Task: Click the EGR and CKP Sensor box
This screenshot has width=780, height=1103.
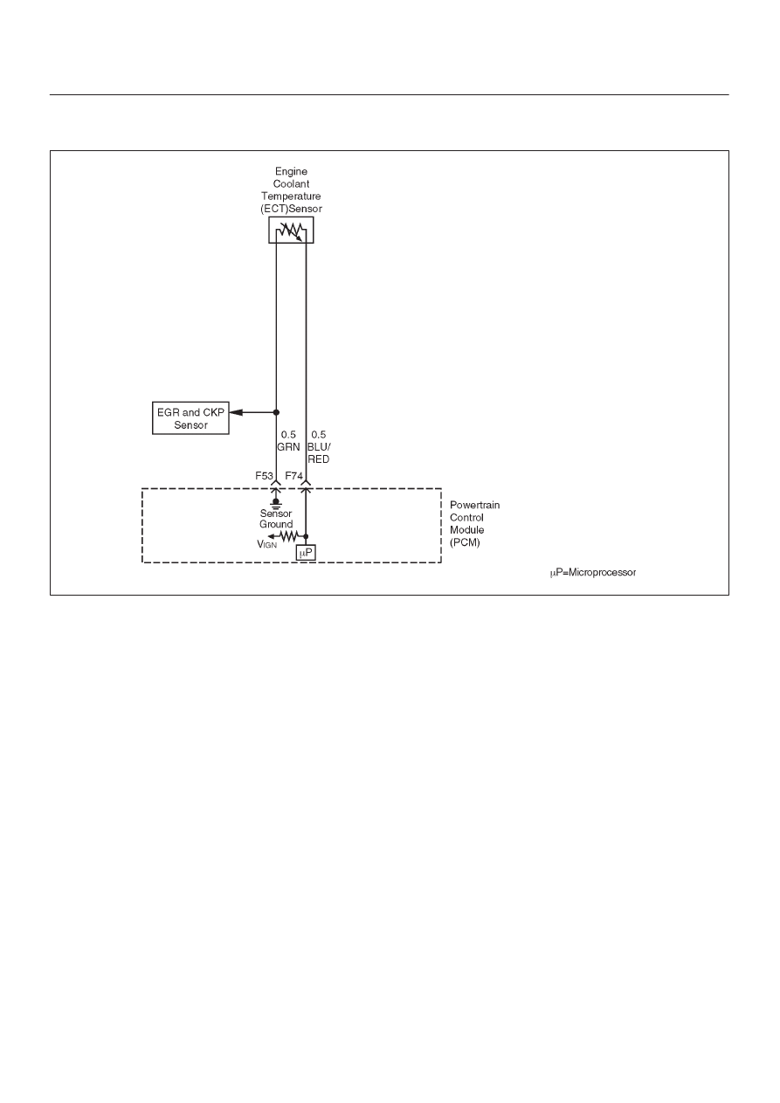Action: [190, 418]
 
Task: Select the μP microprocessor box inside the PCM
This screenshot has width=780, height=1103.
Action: [306, 553]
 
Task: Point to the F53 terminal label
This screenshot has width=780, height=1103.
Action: [264, 476]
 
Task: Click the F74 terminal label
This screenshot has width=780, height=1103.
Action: [294, 476]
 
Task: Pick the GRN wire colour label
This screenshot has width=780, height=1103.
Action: [288, 447]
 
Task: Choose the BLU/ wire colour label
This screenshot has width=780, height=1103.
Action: [319, 447]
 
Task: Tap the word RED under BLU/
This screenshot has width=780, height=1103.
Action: [319, 459]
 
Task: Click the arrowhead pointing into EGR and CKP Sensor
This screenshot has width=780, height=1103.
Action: [236, 412]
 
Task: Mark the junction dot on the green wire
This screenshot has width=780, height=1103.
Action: [276, 412]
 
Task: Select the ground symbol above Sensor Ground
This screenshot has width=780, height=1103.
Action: [276, 503]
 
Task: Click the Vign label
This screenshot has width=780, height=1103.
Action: [267, 544]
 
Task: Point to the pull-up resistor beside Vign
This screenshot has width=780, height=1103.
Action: [288, 536]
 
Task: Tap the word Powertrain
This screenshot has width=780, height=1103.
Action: [474, 505]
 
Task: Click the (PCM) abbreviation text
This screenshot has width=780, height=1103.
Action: [465, 542]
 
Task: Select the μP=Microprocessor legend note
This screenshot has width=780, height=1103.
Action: [593, 573]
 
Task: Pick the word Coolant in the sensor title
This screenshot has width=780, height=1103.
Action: [291, 183]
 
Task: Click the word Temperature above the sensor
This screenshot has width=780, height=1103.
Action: [291, 196]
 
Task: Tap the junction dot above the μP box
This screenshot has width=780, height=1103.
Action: [306, 536]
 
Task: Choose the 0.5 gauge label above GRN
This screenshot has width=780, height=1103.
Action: [288, 435]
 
